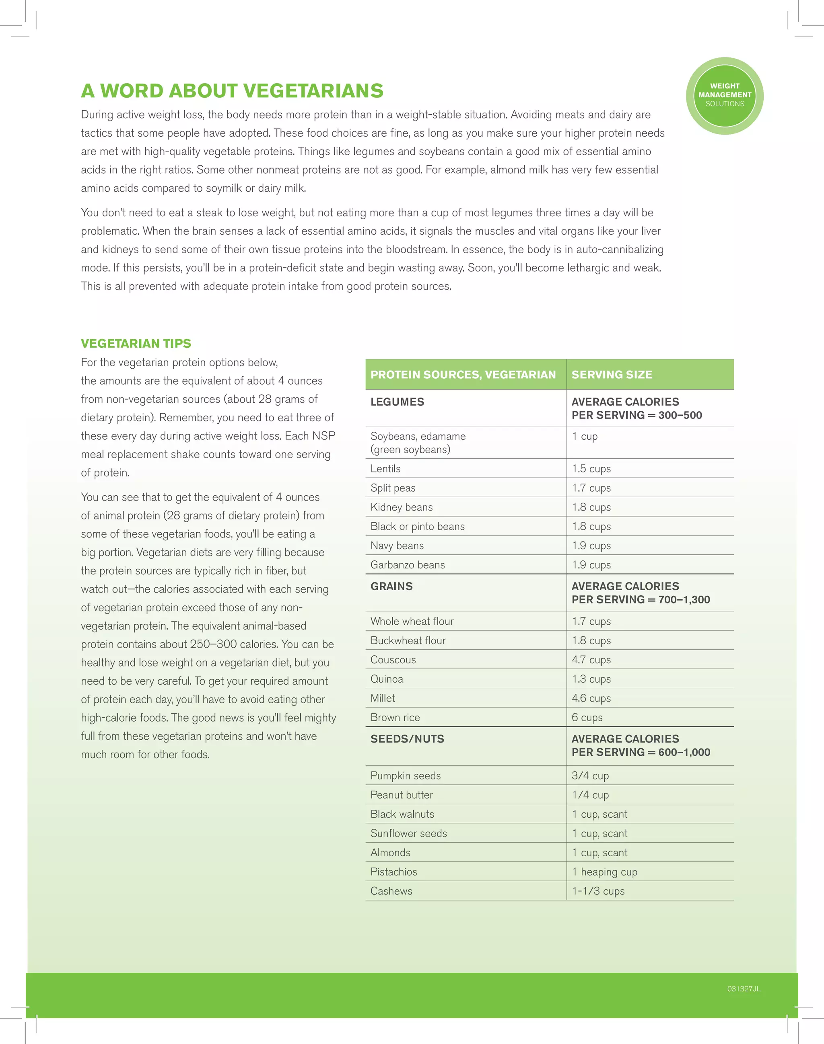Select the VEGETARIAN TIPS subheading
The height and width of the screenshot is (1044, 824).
pos(136,343)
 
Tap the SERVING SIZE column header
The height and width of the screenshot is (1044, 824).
pos(612,375)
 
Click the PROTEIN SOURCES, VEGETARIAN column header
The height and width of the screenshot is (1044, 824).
pos(463,375)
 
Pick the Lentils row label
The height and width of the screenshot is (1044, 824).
pos(385,468)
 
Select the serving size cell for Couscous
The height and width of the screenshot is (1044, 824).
pos(591,659)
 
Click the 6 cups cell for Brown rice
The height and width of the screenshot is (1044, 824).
pos(587,717)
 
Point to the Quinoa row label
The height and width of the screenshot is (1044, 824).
pos(386,679)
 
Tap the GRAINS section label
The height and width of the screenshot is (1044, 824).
pos(391,586)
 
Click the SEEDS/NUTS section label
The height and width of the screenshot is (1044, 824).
pos(407,738)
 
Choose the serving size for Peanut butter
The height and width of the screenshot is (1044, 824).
pos(590,795)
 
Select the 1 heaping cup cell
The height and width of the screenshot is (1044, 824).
pos(604,872)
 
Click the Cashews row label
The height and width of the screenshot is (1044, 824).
pos(391,891)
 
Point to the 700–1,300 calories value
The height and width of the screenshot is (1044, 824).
pos(684,600)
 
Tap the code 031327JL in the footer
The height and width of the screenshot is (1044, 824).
pos(744,989)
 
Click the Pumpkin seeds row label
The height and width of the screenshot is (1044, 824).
pos(405,775)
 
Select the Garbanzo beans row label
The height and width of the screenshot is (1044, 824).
pos(408,564)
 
